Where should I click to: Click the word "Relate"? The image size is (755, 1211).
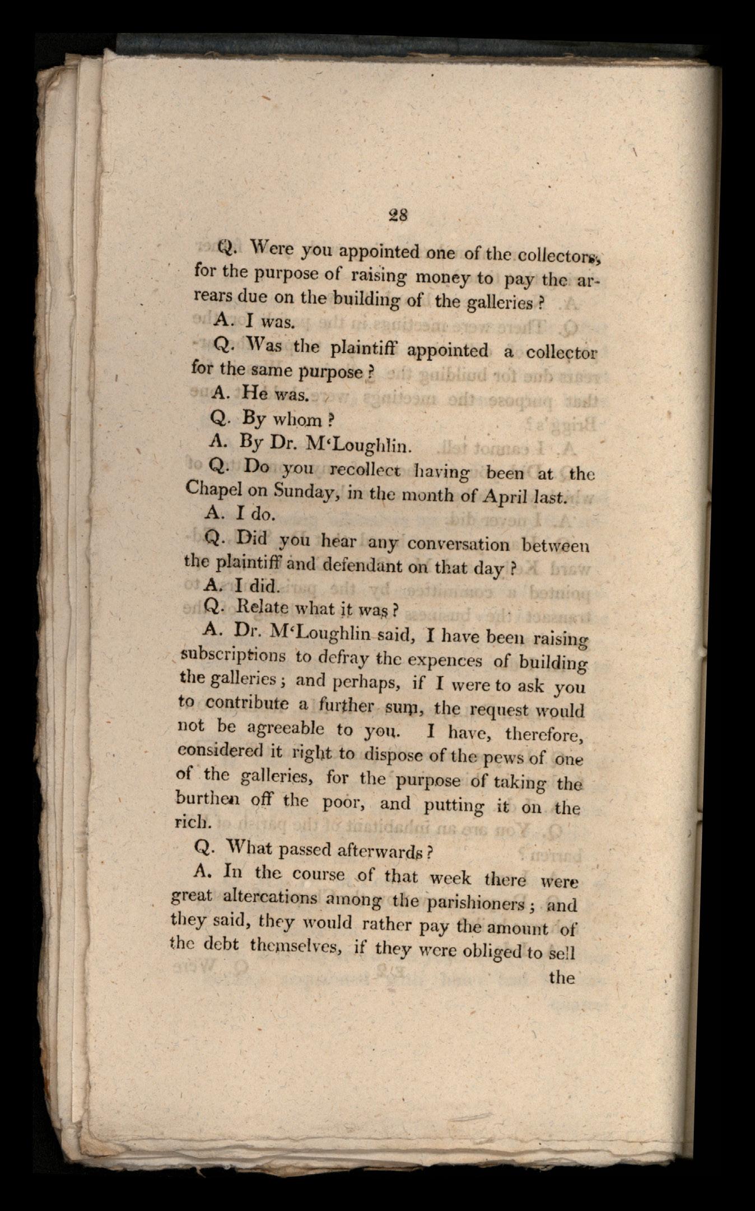point(262,607)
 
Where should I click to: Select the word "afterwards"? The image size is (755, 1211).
point(387,851)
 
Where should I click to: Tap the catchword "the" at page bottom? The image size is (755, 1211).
point(562,978)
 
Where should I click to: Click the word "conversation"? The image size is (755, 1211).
point(458,544)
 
